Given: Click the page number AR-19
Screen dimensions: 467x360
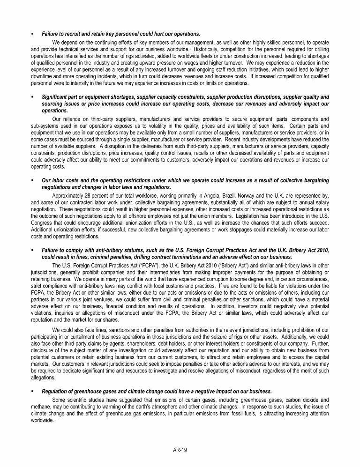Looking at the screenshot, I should tap(180, 450).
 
